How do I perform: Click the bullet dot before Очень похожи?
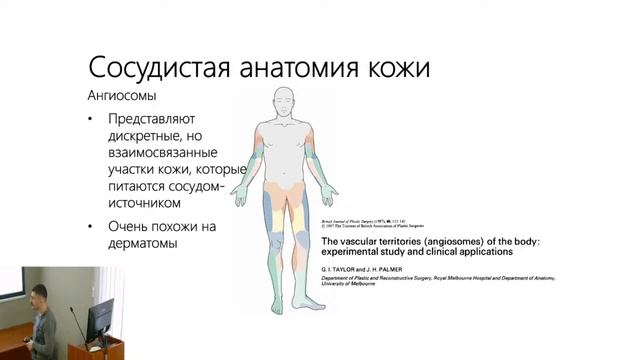(x=92, y=225)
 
